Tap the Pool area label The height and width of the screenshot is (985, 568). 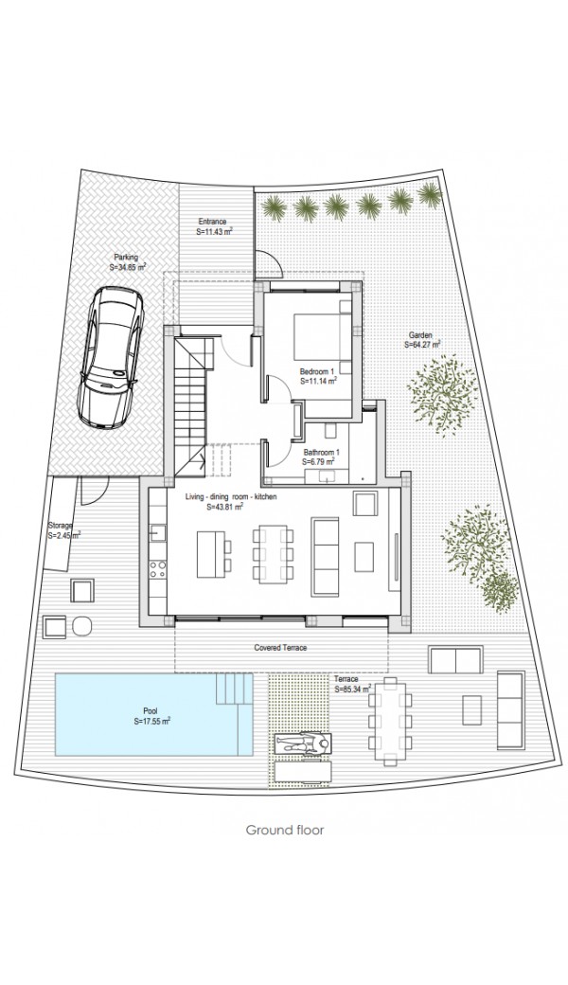151,717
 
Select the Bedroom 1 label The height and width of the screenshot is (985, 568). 319,376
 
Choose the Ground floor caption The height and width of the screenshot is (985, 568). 284,830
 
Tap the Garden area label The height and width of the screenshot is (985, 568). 421,340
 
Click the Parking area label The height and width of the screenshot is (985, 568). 127,262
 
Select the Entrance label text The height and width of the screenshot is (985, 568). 212,226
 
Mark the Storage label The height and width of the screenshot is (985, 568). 62,530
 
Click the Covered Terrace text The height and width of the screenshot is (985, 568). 280,648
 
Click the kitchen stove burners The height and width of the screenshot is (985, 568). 157,569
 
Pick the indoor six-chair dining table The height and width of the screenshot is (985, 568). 273,553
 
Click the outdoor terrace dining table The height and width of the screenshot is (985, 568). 391,720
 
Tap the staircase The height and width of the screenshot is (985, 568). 190,405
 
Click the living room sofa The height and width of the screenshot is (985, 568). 325,557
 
